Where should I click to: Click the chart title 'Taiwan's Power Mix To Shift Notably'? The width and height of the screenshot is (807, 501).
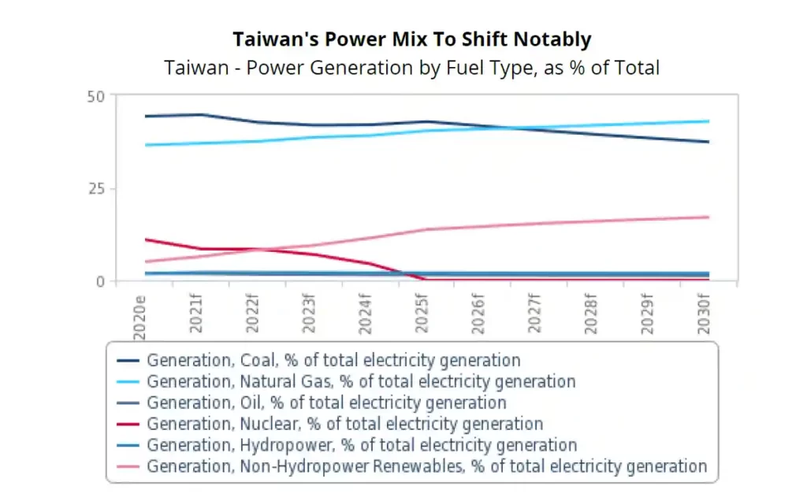(411, 39)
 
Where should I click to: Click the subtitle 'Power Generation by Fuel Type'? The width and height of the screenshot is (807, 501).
(389, 68)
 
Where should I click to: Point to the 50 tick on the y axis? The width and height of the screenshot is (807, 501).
(95, 97)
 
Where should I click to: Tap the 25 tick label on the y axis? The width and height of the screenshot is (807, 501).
(96, 189)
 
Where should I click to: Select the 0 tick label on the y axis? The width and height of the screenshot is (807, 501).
(100, 281)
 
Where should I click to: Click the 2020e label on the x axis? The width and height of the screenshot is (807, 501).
(139, 317)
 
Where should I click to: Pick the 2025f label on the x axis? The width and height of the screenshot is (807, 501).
(422, 314)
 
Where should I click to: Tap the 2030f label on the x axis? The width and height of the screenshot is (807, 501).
(704, 314)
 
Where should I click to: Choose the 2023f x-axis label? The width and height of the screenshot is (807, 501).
(308, 314)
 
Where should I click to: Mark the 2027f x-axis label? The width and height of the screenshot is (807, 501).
(534, 314)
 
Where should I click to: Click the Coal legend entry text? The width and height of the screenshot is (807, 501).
(333, 360)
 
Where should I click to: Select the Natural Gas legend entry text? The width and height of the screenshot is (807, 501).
(361, 381)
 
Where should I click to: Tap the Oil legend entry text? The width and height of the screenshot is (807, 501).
(327, 403)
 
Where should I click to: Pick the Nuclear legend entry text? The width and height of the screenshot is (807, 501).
(345, 423)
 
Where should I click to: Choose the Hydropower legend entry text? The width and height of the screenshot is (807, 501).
(362, 444)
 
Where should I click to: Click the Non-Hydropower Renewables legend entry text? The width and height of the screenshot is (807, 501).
(427, 466)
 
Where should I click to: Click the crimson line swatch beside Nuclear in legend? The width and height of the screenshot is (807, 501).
(128, 425)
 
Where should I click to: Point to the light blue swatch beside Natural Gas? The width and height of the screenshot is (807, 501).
(128, 382)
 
